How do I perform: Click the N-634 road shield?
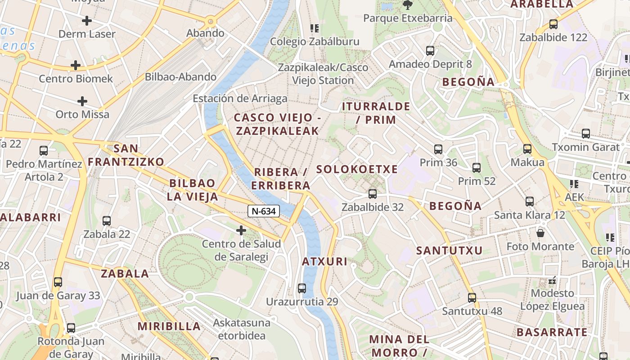[x=264, y=211]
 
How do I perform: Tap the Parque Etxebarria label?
[x=407, y=18]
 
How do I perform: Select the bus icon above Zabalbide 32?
[x=373, y=194]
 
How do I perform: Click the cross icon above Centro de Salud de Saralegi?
[x=241, y=231]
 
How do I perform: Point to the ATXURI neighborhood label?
[x=324, y=261]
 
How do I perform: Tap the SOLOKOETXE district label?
[x=357, y=169]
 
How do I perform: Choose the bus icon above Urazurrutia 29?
[x=302, y=288]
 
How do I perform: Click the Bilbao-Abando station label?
[x=180, y=77]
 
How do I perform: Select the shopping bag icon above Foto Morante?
[x=540, y=233]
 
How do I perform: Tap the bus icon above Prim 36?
[x=438, y=149]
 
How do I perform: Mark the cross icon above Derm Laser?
[x=87, y=20]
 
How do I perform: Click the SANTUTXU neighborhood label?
[x=449, y=251]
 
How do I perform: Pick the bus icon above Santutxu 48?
[x=472, y=297]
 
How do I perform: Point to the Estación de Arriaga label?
[x=240, y=99]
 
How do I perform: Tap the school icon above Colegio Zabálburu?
[x=315, y=28]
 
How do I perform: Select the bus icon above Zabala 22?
[x=107, y=221]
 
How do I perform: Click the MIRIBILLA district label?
[x=169, y=326]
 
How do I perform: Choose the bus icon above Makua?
[x=527, y=148]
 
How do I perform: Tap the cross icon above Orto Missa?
[x=82, y=101]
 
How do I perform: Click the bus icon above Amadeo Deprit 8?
[x=430, y=50]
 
